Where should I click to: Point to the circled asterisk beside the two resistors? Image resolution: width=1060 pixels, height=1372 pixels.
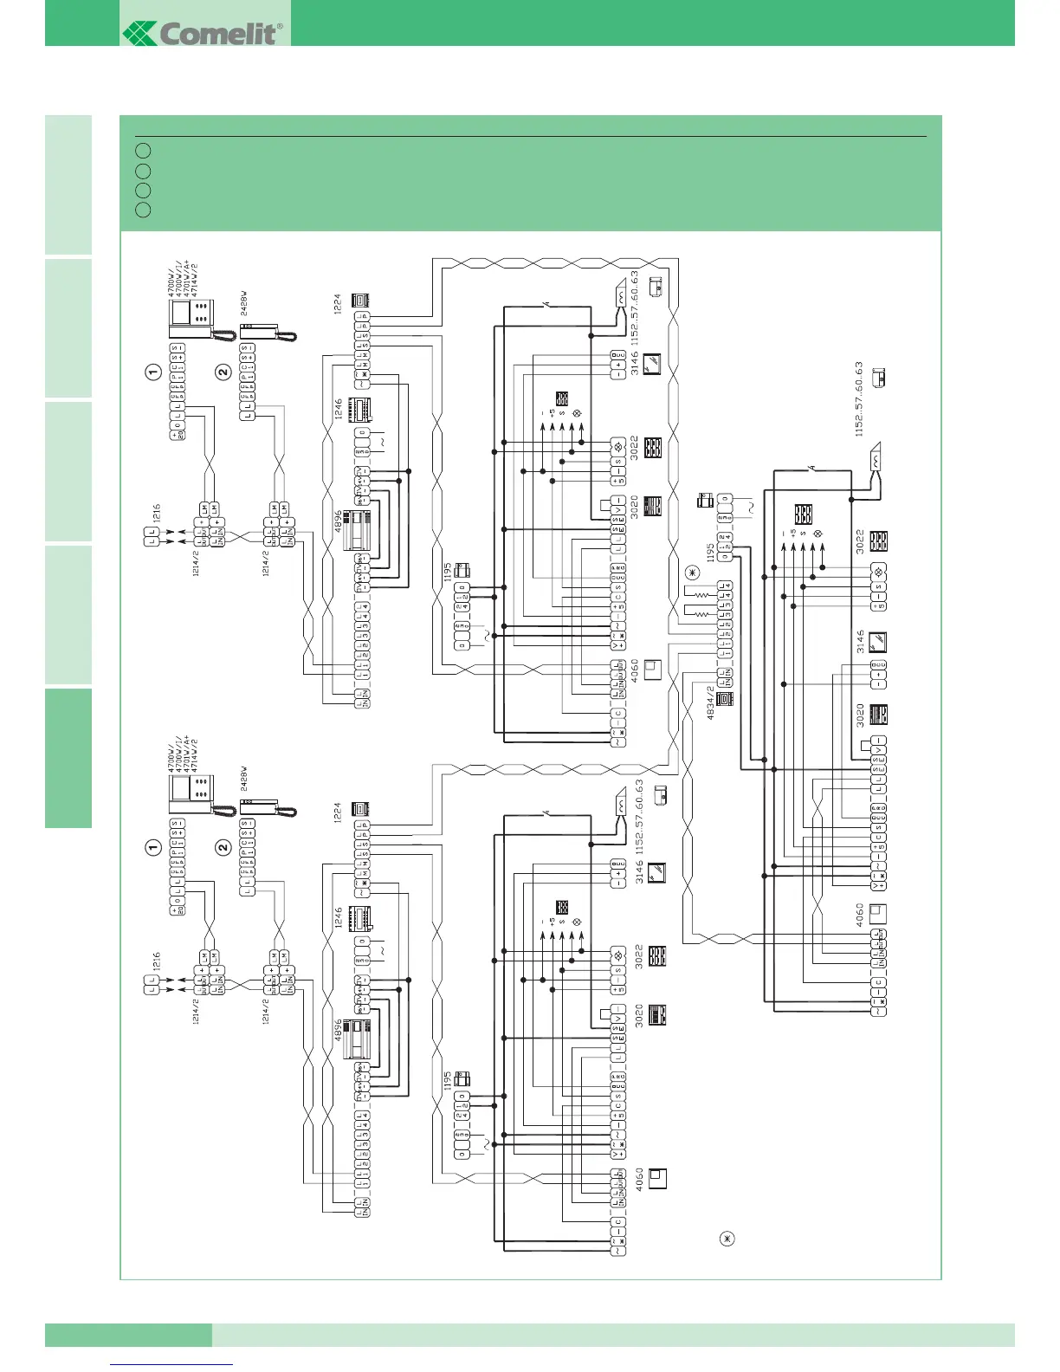[x=691, y=573]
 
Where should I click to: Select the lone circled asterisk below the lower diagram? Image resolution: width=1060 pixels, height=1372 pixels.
[x=727, y=1239]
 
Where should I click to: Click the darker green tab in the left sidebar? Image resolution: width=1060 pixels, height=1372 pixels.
[x=68, y=757]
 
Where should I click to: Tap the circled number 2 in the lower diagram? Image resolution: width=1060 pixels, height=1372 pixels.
[x=223, y=847]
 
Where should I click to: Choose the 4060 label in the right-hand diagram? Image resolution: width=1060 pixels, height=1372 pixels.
[x=860, y=914]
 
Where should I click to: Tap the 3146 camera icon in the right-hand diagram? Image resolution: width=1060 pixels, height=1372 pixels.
[x=876, y=644]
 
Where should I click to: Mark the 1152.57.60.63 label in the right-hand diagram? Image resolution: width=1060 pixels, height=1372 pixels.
[x=859, y=398]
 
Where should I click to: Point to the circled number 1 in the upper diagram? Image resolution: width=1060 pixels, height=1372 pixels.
[x=153, y=372]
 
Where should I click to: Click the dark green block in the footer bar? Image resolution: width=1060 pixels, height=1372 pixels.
[x=128, y=1335]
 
